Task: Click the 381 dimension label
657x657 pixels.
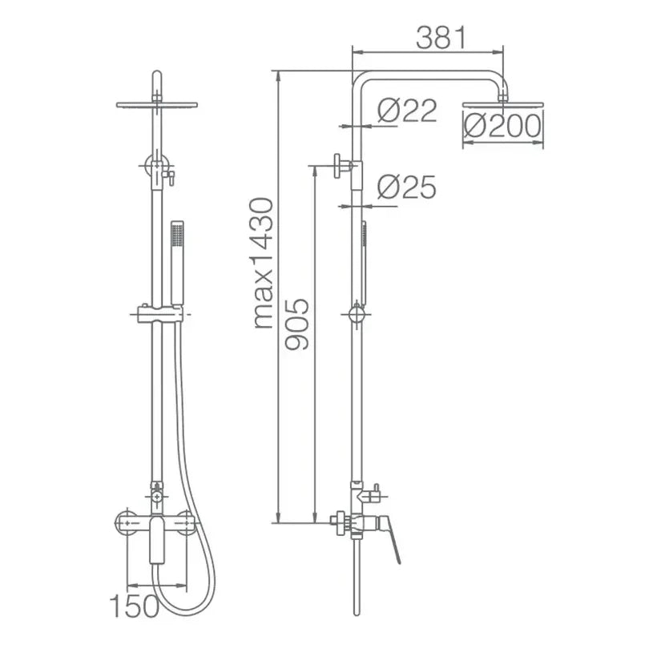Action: click(x=441, y=38)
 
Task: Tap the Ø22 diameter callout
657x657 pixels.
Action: click(x=407, y=111)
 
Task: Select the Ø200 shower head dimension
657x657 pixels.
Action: click(x=502, y=126)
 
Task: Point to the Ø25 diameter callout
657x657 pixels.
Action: click(x=406, y=187)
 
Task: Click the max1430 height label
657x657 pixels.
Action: click(x=264, y=263)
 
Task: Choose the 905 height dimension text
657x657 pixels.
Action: click(x=297, y=324)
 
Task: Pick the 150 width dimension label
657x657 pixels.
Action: click(x=135, y=606)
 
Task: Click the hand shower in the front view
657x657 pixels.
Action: click(x=178, y=263)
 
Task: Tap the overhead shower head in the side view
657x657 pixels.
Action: click(x=503, y=104)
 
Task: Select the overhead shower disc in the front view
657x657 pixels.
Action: click(x=157, y=104)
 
